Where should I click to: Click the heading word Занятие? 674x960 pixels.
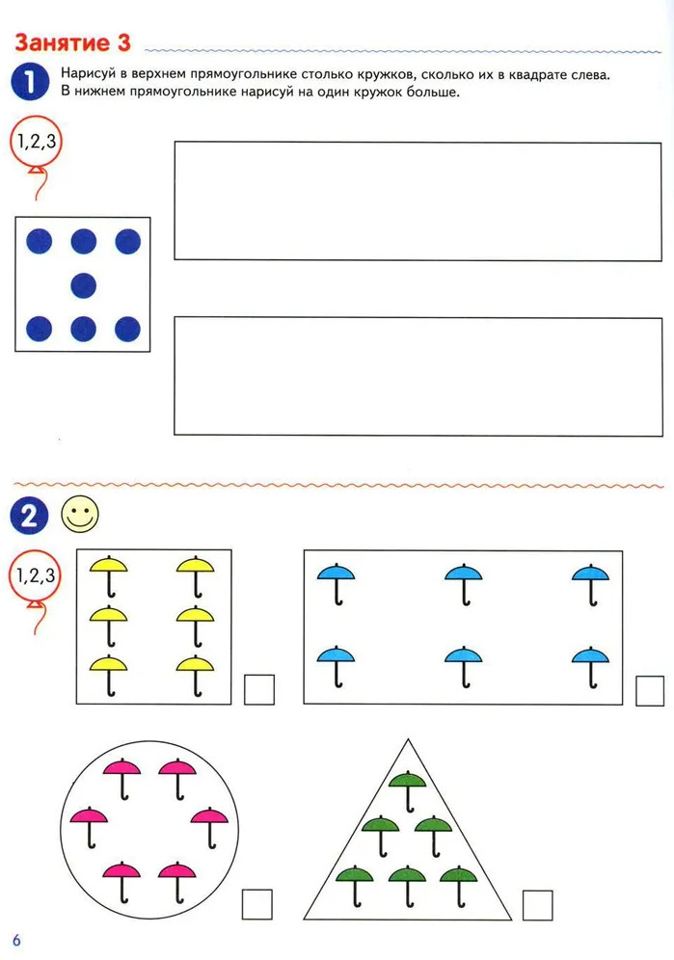(62, 42)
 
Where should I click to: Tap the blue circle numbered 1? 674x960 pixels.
(30, 82)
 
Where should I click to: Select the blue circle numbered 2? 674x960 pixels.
(29, 516)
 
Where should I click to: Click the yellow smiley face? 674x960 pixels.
(80, 515)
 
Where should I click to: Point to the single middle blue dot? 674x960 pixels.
(83, 285)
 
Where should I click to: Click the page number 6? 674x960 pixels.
(16, 940)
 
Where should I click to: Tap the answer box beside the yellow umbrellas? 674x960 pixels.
(259, 689)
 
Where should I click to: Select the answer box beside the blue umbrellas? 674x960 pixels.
(650, 691)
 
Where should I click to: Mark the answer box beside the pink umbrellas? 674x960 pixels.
(257, 904)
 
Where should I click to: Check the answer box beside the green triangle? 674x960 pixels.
(538, 905)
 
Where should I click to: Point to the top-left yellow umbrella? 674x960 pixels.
(108, 576)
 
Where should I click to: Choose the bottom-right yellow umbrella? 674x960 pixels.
(196, 676)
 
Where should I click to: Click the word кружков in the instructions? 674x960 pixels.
(384, 74)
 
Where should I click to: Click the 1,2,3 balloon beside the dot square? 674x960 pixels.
(36, 142)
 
